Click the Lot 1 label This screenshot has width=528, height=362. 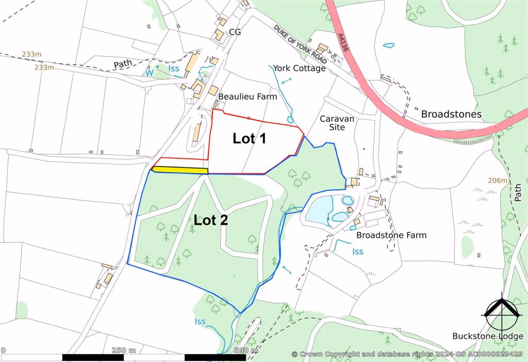249,138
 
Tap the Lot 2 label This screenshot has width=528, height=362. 211,220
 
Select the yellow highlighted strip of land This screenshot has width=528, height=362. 180,170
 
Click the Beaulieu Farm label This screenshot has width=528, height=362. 247,96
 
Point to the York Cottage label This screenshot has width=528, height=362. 299,68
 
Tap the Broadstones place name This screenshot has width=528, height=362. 451,114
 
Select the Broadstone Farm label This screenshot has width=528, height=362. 391,235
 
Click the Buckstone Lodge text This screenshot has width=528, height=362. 488,336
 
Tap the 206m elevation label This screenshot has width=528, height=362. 498,180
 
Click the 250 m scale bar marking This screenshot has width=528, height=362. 124,351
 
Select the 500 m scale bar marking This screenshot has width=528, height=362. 246,351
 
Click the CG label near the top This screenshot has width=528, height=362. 235,32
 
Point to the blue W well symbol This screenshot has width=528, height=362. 149,73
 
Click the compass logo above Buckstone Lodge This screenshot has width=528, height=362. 501,311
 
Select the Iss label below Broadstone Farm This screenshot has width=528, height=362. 358,252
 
